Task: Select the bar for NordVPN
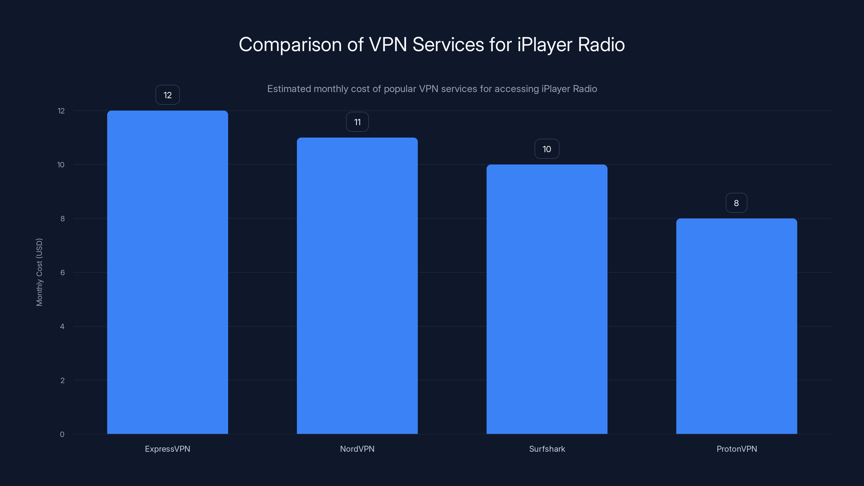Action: (357, 285)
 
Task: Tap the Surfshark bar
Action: (547, 299)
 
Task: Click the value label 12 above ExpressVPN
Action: (167, 95)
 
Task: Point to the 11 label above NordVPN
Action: (357, 122)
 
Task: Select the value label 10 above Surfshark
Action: (547, 149)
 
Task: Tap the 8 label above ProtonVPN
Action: (736, 203)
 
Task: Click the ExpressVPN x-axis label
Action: (167, 449)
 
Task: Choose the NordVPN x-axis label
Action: (357, 449)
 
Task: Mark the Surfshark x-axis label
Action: (547, 449)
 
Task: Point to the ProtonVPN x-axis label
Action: (737, 449)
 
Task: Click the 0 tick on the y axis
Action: (62, 434)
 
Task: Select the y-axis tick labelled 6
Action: (62, 272)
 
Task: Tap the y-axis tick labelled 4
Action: (62, 326)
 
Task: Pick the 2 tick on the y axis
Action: (62, 380)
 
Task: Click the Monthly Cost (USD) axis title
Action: (39, 272)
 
